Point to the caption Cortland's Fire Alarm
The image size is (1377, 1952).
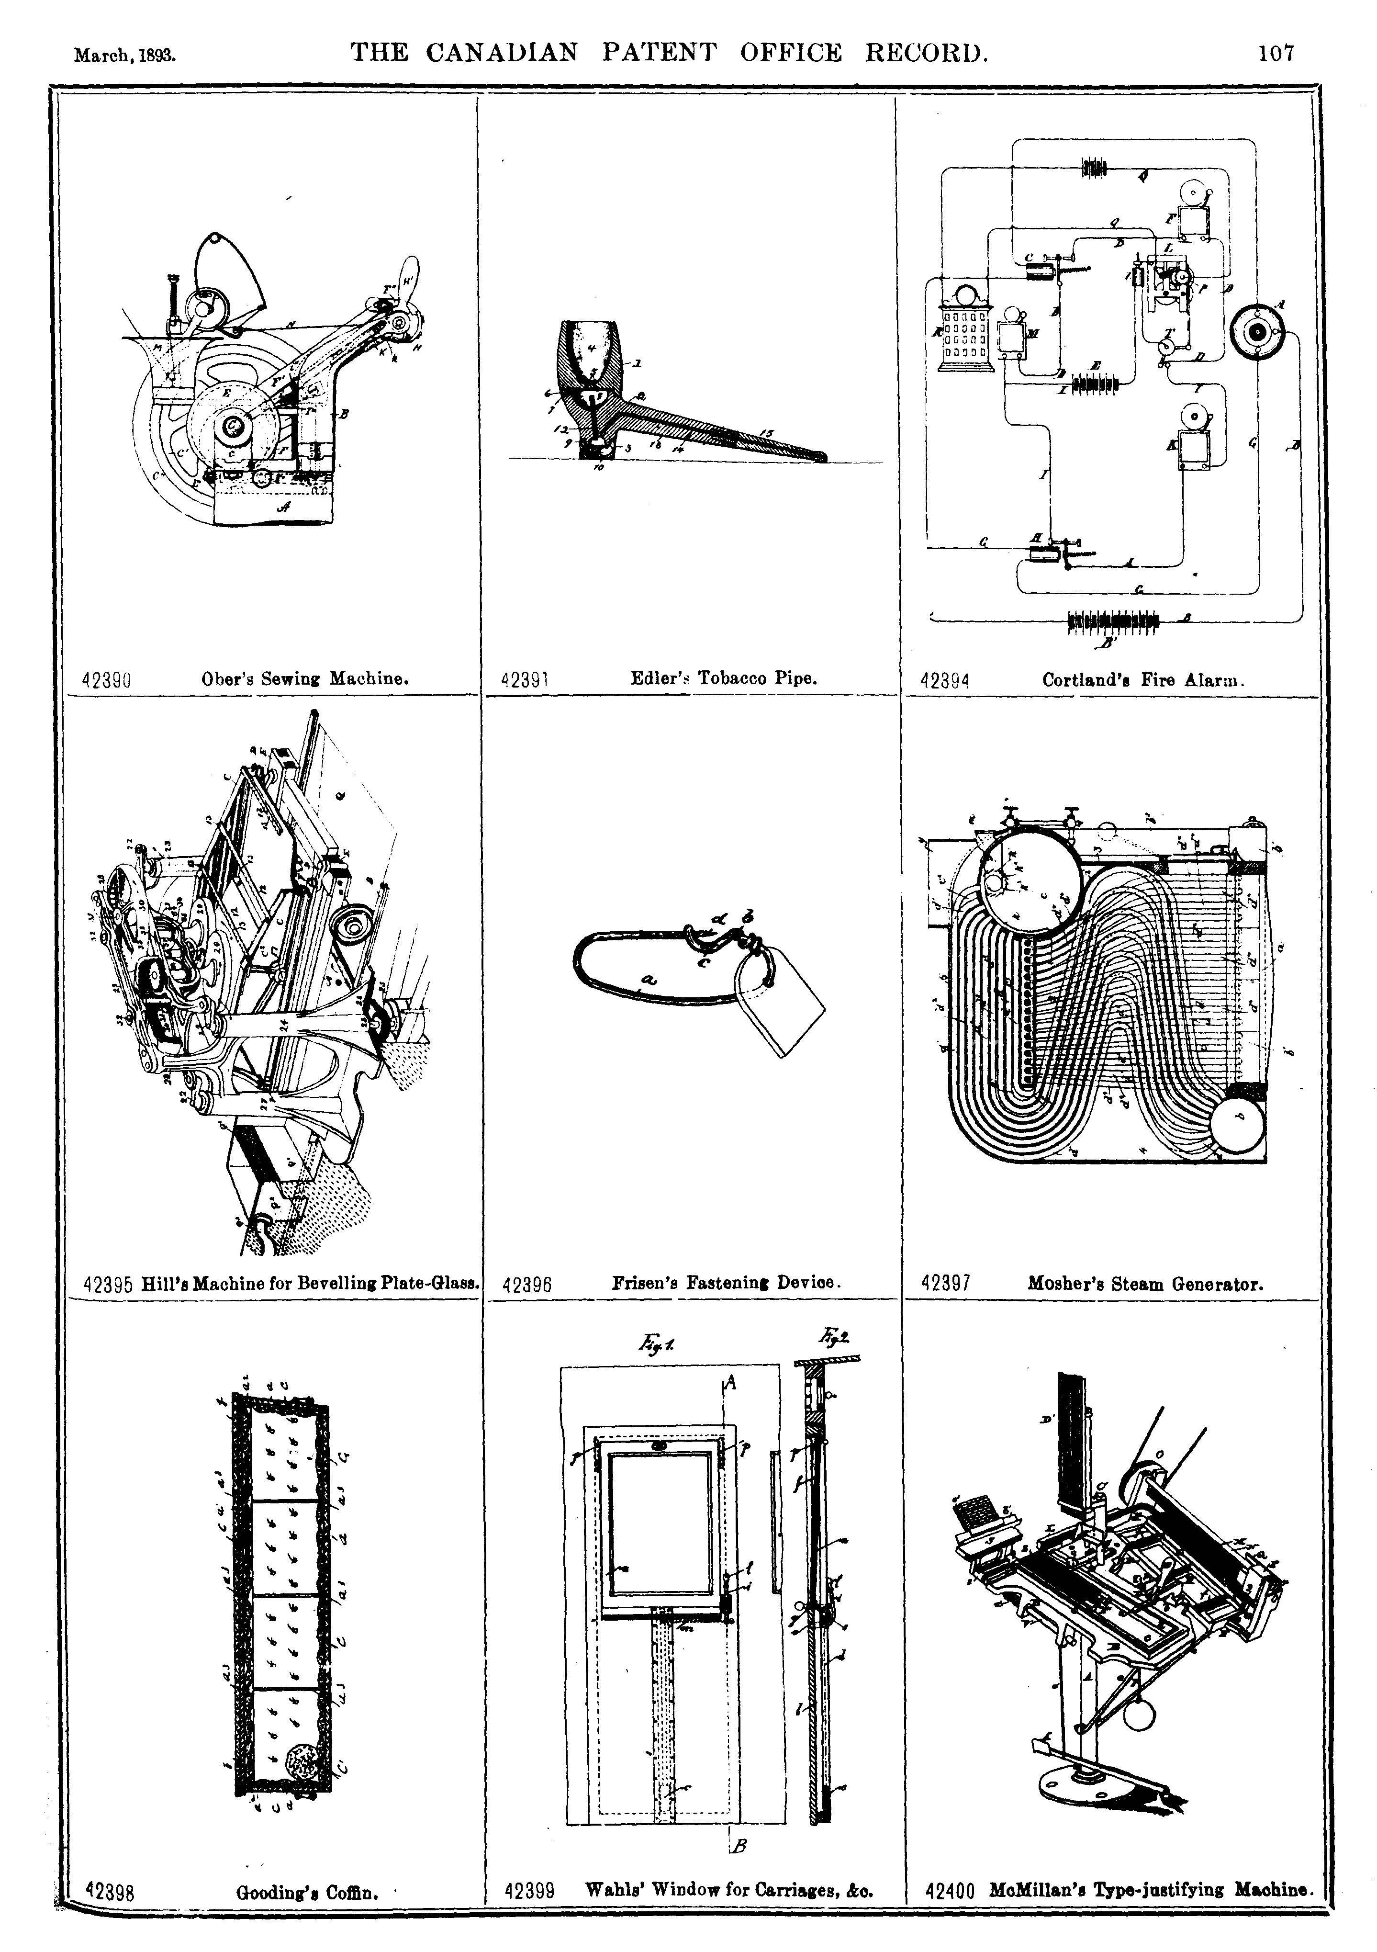[x=1143, y=680]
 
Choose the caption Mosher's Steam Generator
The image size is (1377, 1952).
[x=1145, y=1284]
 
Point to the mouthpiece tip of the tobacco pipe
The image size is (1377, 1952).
[x=820, y=457]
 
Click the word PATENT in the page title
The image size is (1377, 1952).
[x=659, y=53]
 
